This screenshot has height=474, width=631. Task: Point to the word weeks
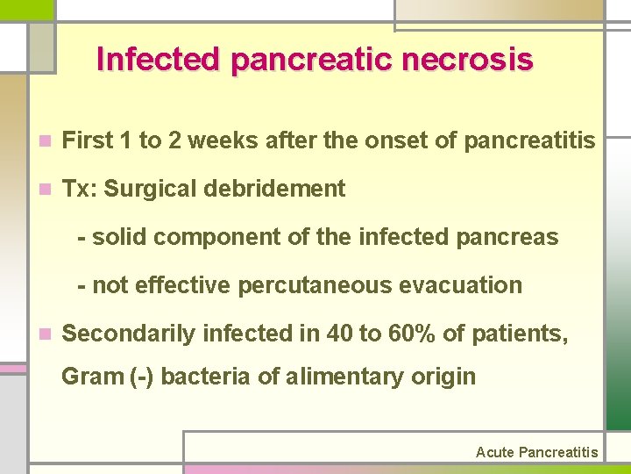click(214, 140)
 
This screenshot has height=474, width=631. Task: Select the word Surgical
click(167, 189)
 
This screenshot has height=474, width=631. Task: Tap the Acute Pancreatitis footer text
click(536, 452)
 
